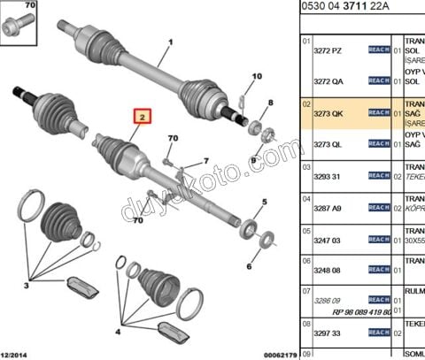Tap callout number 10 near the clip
[257, 78]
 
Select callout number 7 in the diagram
[205, 161]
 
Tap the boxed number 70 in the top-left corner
[30, 6]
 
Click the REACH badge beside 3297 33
[379, 332]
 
